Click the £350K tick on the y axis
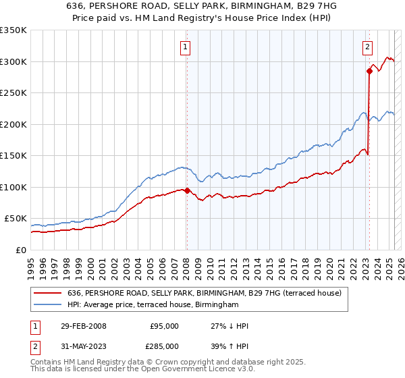point(13,30)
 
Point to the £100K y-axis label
point(13,187)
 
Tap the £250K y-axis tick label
point(13,93)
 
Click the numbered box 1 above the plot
point(185,47)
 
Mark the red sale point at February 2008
point(187,190)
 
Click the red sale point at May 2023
point(369,71)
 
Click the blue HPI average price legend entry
point(153,305)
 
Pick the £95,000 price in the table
point(164,326)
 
